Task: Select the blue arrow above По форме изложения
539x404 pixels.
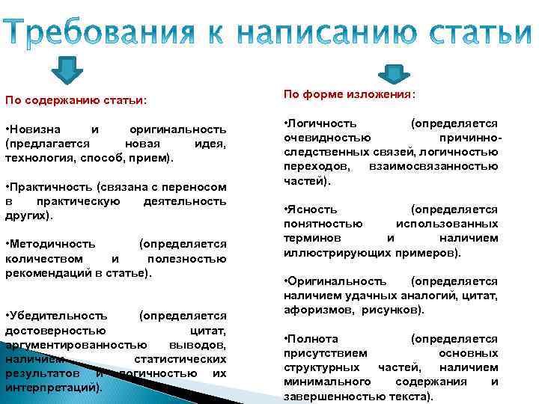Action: [x=390, y=73]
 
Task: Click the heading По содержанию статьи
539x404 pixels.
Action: [x=76, y=100]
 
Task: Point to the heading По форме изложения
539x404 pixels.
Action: [x=349, y=95]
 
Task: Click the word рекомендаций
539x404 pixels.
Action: [x=46, y=272]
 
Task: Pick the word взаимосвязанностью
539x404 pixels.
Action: [x=433, y=166]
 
